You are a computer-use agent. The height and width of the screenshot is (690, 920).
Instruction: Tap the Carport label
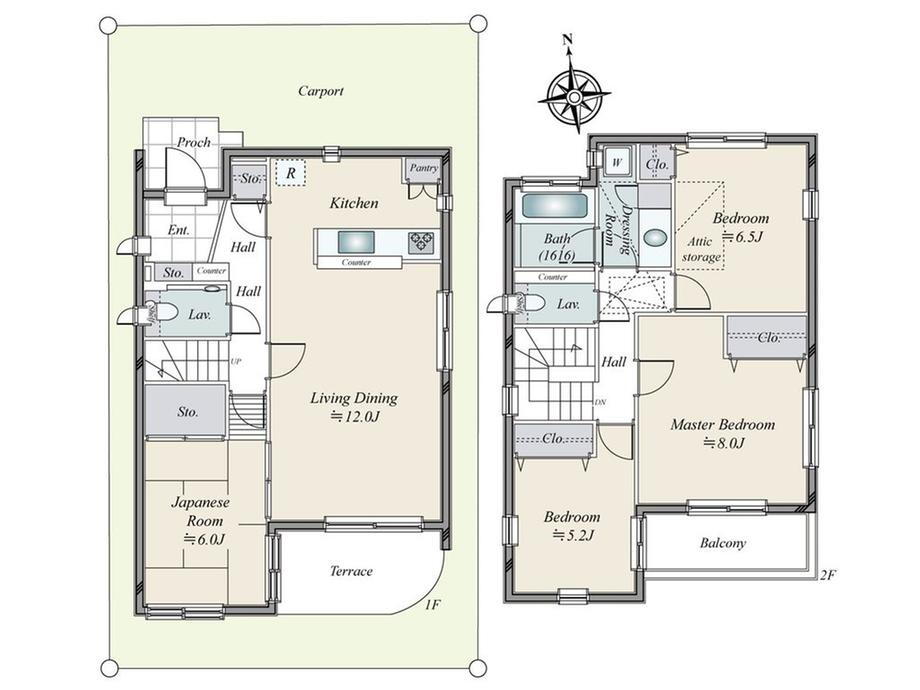point(320,91)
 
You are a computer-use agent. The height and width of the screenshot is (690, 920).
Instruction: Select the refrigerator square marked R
point(291,173)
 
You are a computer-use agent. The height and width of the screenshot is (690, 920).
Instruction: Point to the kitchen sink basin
point(356,242)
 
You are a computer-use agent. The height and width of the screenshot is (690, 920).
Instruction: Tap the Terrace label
point(351,571)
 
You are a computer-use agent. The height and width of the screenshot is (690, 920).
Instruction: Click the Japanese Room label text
point(201,511)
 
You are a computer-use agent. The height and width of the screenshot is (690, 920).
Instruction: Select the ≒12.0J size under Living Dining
point(354,417)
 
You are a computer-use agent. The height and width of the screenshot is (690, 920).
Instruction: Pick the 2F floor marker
point(827,576)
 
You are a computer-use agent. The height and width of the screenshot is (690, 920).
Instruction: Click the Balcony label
point(722,543)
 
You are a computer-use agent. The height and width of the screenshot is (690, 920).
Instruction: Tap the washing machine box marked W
point(617,160)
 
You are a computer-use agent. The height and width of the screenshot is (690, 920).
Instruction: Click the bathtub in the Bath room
point(554,207)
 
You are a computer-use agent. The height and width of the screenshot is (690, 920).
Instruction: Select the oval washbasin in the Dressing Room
point(655,238)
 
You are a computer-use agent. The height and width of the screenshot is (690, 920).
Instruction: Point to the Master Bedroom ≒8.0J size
point(723,443)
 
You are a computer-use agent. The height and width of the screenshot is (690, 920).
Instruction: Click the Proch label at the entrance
point(194,142)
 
